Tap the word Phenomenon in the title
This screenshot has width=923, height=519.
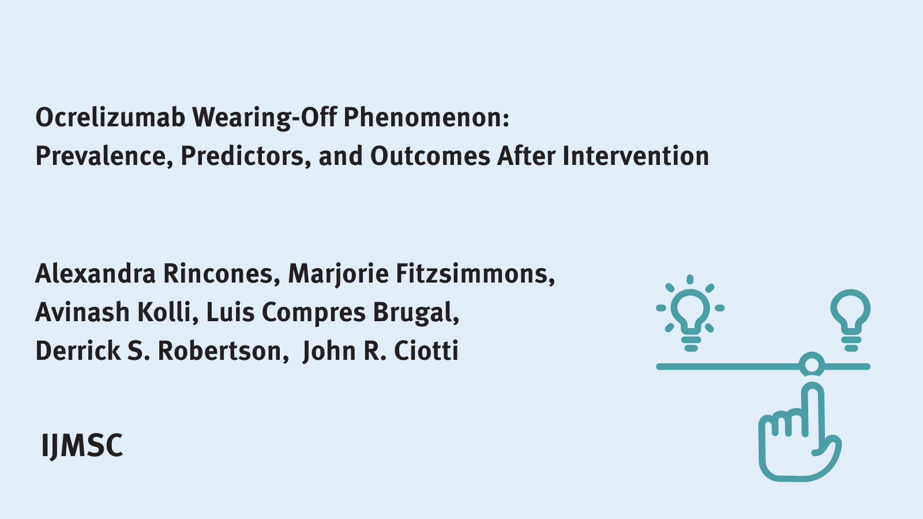tap(426, 118)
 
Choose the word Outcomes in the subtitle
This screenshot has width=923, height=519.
tap(430, 156)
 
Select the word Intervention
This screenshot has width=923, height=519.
tap(635, 156)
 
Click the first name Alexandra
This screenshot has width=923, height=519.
tap(95, 273)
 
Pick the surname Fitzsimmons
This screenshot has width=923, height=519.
tap(475, 273)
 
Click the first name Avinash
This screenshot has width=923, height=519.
tap(82, 313)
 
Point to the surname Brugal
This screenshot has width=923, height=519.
tap(415, 313)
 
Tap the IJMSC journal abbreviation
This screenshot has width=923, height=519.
tap(82, 446)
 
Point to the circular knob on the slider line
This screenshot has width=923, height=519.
tap(812, 366)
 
